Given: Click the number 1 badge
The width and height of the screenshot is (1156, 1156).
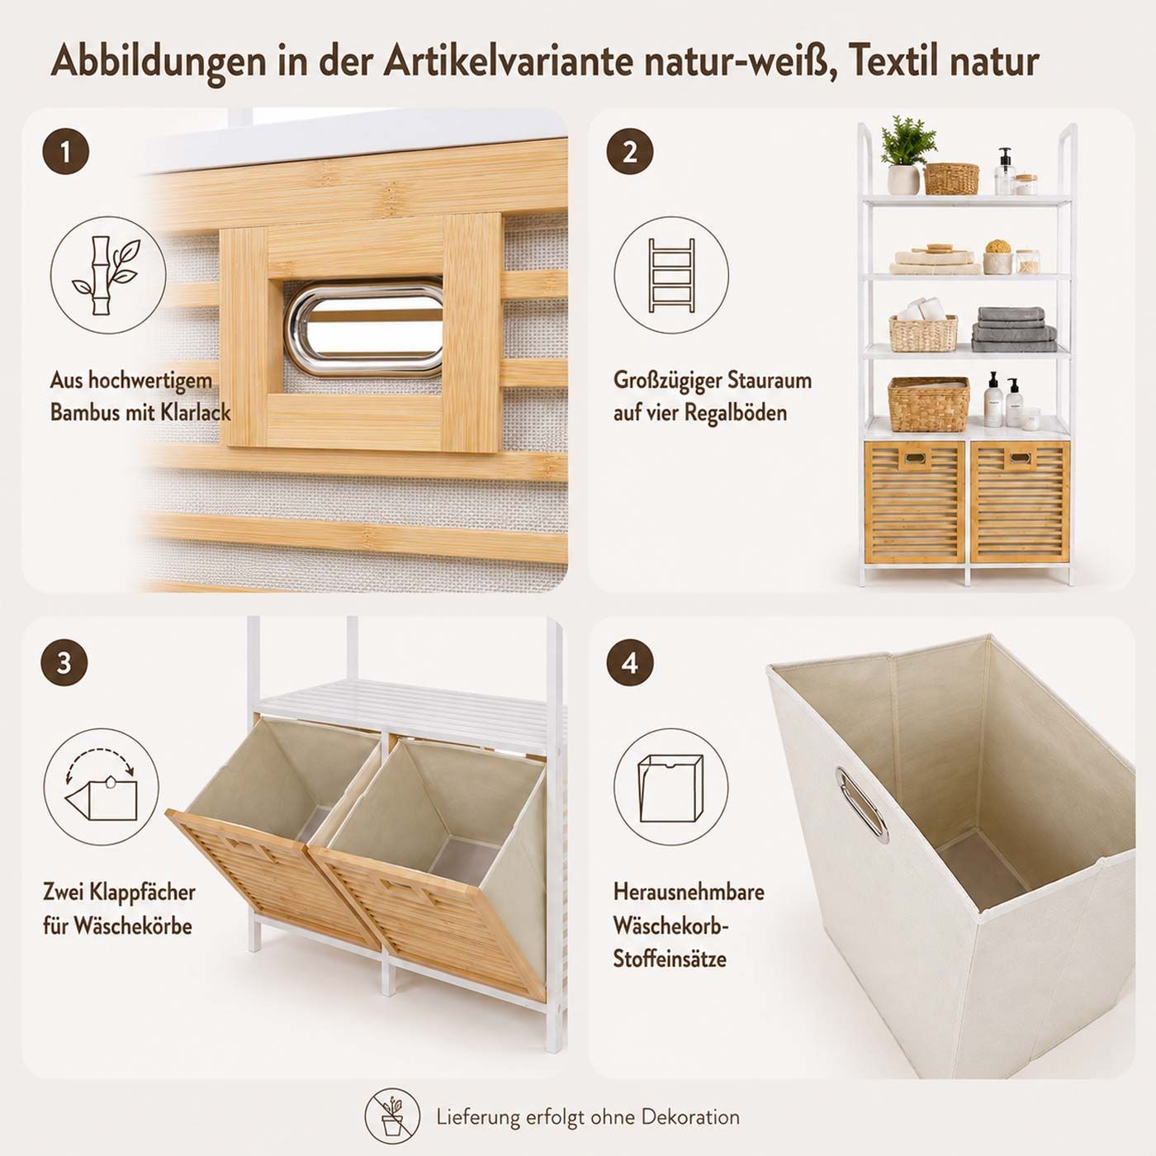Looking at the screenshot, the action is (x=65, y=152).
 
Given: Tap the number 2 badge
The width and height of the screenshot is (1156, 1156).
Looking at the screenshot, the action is (x=630, y=152).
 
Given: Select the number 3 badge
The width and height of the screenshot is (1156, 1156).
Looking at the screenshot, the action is (x=64, y=664).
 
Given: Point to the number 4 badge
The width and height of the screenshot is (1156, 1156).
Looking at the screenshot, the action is (x=630, y=664).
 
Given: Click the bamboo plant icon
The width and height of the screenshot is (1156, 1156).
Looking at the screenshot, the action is (x=108, y=275).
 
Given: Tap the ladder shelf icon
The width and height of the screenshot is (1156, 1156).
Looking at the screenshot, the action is (x=671, y=275).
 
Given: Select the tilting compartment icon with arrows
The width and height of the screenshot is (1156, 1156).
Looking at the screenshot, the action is (x=102, y=786).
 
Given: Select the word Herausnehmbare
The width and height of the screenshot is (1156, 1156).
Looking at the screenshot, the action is (x=689, y=892).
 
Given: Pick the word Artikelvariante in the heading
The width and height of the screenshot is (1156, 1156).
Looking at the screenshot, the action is (x=508, y=62).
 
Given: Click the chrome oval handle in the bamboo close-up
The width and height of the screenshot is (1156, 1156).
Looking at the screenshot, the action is (x=365, y=329).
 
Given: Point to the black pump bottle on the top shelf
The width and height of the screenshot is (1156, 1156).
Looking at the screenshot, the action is (x=1003, y=170).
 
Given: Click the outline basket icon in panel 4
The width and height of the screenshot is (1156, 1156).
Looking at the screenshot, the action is (x=670, y=787).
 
